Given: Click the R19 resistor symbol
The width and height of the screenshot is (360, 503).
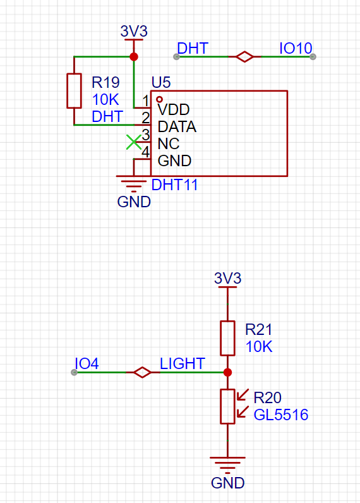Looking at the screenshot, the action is [74, 91].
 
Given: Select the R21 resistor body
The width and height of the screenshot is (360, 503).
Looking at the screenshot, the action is [227, 338].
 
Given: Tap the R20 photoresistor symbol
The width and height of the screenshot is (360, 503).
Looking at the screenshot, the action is [228, 406].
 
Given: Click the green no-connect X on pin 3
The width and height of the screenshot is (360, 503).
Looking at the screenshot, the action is [134, 142].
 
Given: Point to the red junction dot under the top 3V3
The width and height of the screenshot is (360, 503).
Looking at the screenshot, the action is [134, 57].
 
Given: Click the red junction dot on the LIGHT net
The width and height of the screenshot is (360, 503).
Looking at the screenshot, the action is [227, 372].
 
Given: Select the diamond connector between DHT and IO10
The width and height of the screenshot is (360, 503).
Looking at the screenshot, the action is [244, 57].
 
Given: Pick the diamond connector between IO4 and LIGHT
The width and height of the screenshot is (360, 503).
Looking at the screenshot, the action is [142, 372].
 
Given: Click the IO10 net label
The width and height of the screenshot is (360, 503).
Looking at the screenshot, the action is [296, 49].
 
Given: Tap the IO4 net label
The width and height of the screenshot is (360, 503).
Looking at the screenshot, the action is [87, 364].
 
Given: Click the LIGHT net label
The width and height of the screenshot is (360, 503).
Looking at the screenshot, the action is [183, 364].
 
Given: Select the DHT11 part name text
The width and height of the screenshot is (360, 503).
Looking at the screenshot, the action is [174, 185].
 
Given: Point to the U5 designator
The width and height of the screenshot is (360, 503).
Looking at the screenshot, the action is [161, 82].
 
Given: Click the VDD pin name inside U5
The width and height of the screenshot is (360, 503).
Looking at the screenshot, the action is [174, 110].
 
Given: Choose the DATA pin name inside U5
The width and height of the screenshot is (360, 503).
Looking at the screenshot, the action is [177, 127].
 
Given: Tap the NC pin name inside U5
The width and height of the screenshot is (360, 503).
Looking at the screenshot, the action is [168, 143].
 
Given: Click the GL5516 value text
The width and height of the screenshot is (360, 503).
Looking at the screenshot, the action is [281, 415].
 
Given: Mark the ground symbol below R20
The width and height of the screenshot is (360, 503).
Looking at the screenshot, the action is [227, 465].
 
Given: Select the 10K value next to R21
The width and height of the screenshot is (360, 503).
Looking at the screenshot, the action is [259, 347].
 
